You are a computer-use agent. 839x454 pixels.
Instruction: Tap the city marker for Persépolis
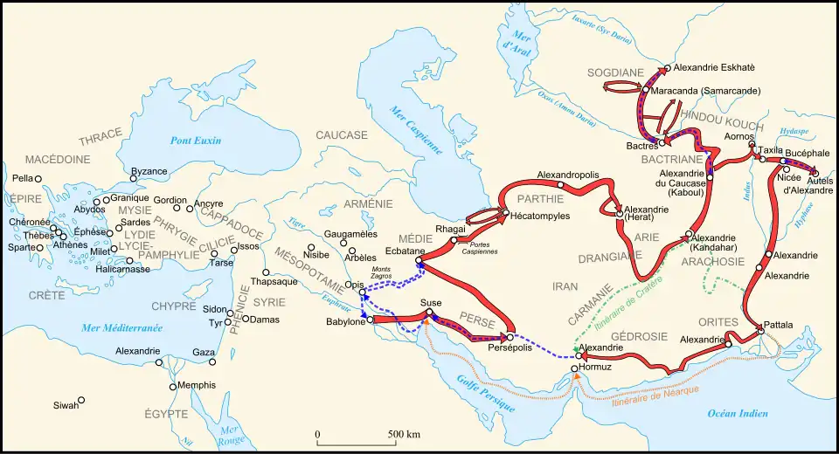click(510, 338)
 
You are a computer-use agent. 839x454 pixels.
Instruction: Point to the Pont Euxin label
click(196, 141)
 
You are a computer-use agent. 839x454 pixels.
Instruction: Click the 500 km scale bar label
click(405, 434)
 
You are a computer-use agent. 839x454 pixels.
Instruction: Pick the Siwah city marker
click(80, 401)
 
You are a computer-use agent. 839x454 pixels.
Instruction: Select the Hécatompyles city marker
click(505, 213)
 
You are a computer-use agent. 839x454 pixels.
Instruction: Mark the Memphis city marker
click(171, 387)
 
